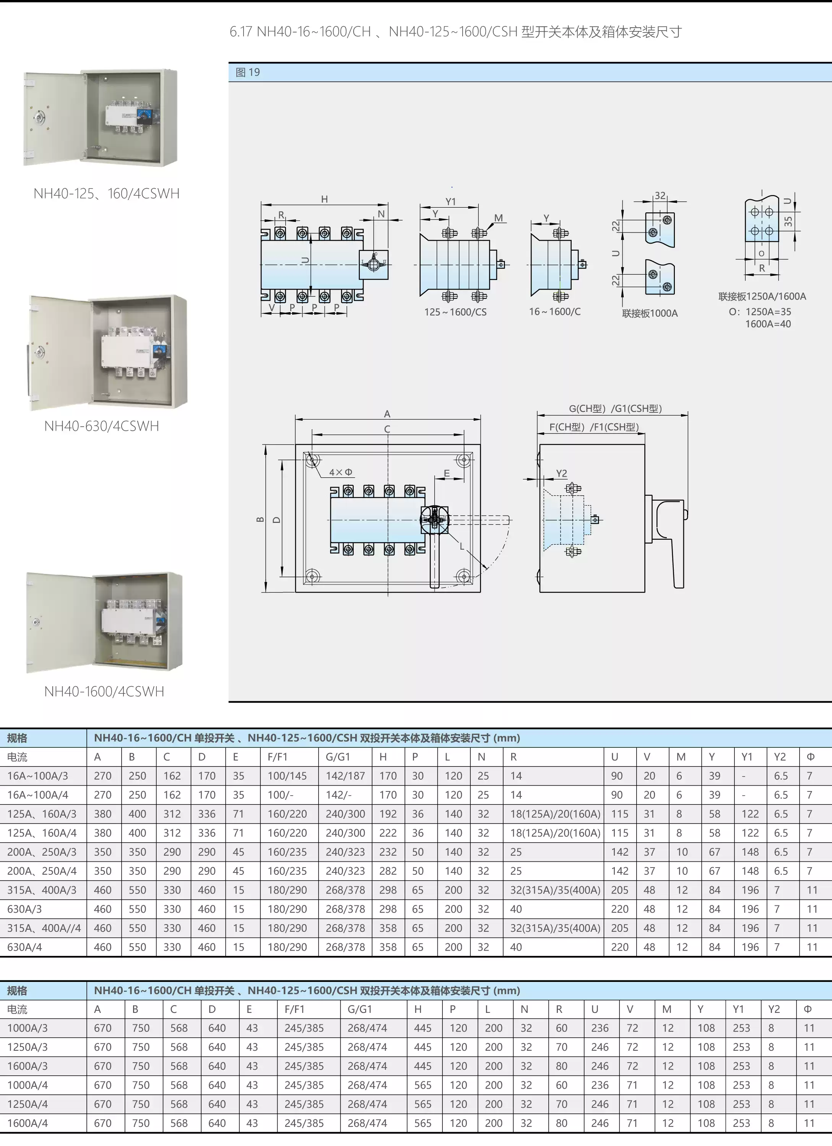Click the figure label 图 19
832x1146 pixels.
point(247,72)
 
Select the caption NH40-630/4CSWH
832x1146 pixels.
point(102,426)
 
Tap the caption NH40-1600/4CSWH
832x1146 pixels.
point(104,691)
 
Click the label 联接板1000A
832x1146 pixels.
point(650,313)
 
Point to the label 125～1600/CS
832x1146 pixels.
point(455,312)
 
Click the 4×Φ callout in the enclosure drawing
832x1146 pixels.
point(340,472)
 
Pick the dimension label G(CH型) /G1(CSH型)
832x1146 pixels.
point(615,408)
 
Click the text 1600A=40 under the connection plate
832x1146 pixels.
point(767,324)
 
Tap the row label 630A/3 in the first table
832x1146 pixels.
point(24,909)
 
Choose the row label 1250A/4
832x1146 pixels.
point(27,1104)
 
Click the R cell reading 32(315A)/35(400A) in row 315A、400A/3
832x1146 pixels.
point(555,890)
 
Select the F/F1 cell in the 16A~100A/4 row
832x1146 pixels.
point(280,795)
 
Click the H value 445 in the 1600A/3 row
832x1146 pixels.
point(422,1066)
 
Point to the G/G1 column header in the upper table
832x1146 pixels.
point(338,757)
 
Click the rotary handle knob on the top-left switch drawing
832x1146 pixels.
point(374,264)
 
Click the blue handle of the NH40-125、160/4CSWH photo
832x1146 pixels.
point(143,116)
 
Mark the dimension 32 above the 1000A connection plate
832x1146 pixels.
point(660,195)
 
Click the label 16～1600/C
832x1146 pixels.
point(555,311)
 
